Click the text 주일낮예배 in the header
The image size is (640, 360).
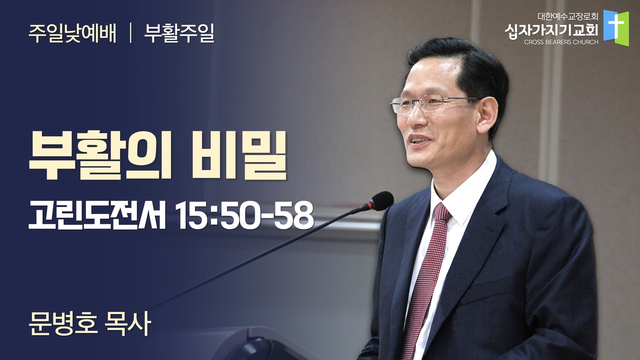pyautogui.click(x=72, y=34)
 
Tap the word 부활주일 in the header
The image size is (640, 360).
pyautogui.click(x=179, y=34)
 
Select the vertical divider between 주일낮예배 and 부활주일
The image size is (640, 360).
pyautogui.click(x=130, y=34)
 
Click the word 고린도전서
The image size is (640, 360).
pyautogui.click(x=97, y=214)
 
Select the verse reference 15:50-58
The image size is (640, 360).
pyautogui.click(x=244, y=215)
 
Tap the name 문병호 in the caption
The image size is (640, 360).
pyautogui.click(x=63, y=324)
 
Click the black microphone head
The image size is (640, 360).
pyautogui.click(x=381, y=201)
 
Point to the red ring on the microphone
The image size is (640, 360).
pyautogui.click(x=370, y=205)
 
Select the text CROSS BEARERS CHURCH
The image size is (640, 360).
pyautogui.click(x=561, y=42)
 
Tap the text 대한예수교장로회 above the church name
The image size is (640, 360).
pyautogui.click(x=567, y=17)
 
